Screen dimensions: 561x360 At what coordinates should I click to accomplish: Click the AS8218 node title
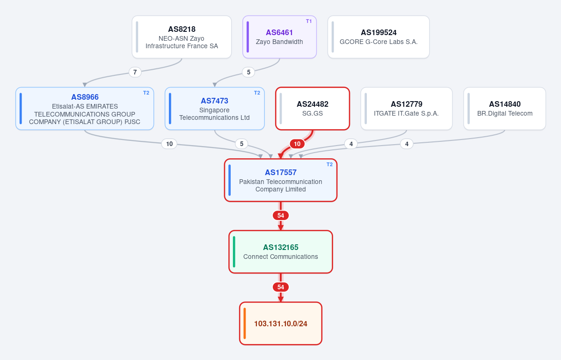(182, 29)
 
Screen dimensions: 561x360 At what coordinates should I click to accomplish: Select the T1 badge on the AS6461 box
(309, 22)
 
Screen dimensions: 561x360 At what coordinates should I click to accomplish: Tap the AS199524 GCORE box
(379, 37)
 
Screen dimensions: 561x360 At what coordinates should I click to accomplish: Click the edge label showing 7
(135, 72)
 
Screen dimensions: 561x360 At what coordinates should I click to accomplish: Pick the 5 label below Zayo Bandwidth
(248, 72)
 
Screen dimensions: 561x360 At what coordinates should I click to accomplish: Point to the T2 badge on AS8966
(146, 93)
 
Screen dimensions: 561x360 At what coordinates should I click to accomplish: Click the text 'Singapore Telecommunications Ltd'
(214, 114)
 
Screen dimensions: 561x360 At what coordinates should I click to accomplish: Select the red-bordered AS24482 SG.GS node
(313, 109)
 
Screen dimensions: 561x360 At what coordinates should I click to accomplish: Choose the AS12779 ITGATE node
(407, 109)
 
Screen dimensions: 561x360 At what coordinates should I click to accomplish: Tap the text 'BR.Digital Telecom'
(504, 113)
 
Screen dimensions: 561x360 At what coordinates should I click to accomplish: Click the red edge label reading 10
(297, 144)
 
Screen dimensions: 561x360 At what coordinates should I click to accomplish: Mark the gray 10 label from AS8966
(169, 144)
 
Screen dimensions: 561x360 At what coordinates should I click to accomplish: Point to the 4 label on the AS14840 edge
(407, 144)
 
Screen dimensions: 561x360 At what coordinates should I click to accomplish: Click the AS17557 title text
(281, 172)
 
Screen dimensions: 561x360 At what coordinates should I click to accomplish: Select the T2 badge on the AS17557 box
(329, 165)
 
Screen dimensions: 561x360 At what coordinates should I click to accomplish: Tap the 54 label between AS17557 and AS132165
(281, 215)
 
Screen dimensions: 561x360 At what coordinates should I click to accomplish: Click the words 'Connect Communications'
(281, 257)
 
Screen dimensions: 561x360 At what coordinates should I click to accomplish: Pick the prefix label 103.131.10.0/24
(281, 323)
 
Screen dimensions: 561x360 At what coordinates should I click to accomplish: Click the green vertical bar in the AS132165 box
(234, 251)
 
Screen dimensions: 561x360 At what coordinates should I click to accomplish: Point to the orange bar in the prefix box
(245, 323)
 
